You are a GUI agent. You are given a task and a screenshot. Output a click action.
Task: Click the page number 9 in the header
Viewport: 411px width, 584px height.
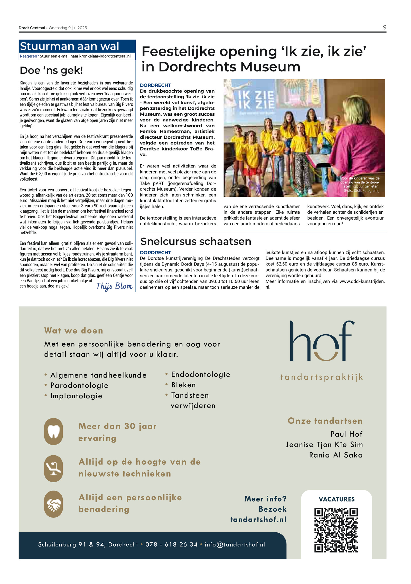(x=384, y=27)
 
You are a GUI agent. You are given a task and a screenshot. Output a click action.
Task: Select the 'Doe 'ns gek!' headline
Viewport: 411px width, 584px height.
(x=51, y=70)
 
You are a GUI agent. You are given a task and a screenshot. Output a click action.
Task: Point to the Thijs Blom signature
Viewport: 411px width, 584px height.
(x=114, y=286)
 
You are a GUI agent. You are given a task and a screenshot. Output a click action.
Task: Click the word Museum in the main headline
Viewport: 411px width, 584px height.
(x=270, y=67)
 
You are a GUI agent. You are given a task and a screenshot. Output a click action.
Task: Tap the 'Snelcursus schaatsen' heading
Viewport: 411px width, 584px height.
(x=196, y=241)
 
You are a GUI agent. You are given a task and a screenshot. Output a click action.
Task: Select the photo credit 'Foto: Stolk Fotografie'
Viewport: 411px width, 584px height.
(x=361, y=191)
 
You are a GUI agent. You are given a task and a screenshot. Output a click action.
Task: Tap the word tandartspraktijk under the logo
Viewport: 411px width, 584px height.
(x=322, y=377)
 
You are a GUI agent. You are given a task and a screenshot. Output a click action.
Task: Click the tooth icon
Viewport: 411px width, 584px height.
(x=53, y=431)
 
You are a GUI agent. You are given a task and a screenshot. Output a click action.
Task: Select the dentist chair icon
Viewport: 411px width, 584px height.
(x=53, y=468)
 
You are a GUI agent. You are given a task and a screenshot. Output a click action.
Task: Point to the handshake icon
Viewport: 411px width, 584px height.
(x=53, y=504)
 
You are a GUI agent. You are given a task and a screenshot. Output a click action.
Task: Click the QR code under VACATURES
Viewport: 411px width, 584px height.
(x=336, y=530)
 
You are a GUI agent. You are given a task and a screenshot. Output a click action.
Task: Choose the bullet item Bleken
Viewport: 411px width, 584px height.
(x=183, y=385)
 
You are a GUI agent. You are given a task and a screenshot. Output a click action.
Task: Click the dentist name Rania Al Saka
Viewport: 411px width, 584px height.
(x=336, y=455)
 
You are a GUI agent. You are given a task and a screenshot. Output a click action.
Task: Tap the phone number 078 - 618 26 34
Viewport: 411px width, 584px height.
(x=171, y=544)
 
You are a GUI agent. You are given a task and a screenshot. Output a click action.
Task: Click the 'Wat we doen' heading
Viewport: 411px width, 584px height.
(x=74, y=331)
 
